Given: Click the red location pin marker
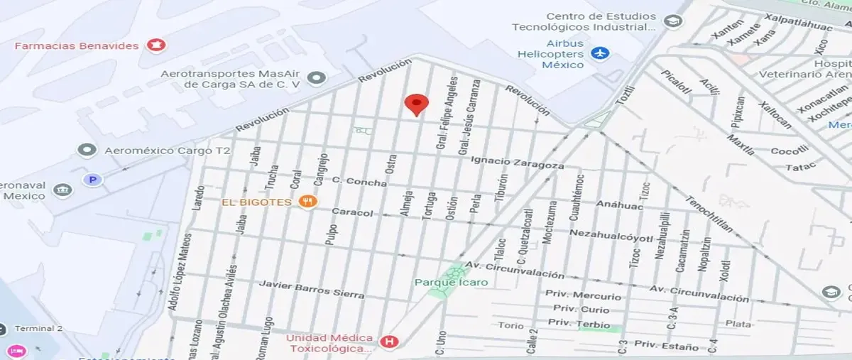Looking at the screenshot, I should tap(416, 105).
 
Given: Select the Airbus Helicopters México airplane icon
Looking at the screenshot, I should tap(600, 53).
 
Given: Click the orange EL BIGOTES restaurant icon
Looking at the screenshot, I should tap(307, 202).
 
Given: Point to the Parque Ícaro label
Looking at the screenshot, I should tap(452, 283).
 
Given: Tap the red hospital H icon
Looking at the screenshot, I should tap(388, 342).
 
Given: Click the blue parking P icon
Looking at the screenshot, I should tap(92, 180).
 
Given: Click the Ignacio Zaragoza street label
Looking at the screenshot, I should tap(518, 161).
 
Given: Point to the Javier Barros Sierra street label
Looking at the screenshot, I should tap(312, 289).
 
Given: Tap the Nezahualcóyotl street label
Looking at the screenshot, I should tap(611, 235).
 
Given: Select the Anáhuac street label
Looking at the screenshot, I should tap(619, 206).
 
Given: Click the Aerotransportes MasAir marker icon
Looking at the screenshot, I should tap(317, 77).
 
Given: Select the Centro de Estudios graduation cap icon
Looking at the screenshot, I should tap(672, 21).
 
